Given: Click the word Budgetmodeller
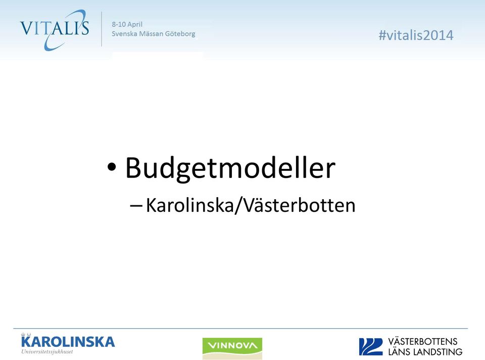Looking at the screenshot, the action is coord(230,168).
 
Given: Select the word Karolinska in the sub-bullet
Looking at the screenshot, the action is coord(189,205).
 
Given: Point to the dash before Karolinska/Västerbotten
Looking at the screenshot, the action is coord(136,206).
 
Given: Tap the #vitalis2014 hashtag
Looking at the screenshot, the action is coord(416,35).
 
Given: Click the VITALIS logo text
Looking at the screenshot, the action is coord(55,28).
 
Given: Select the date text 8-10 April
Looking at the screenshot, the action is coord(127,24).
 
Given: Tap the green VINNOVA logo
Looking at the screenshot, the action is coord(232,348).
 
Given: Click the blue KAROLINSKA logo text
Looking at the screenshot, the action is coord(68,342).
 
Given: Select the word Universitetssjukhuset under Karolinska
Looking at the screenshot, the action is coord(47,351).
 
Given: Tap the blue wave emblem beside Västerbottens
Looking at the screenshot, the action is coord(371,347).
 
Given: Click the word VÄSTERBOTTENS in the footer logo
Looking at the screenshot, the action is coord(423,341).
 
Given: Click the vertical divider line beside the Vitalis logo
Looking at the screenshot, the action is coord(102,29).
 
